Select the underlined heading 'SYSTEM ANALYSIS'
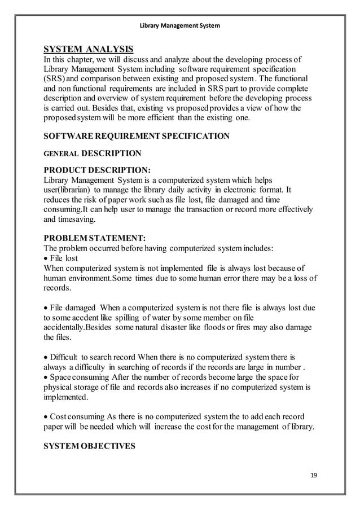tap(89, 49)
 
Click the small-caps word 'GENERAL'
tap(61, 153)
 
